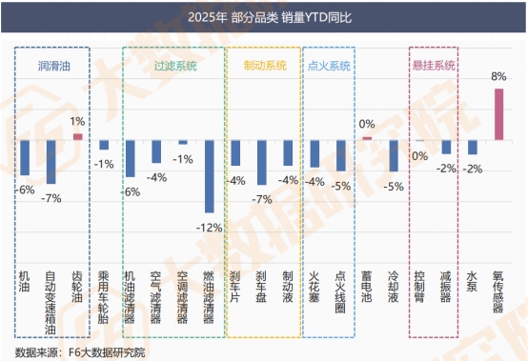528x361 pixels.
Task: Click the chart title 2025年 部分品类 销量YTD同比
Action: pos(264,17)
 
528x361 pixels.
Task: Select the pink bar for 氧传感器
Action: pos(498,114)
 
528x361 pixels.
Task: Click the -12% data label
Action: pos(209,228)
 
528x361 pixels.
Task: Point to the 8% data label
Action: pos(498,75)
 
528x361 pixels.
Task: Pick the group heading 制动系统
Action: pos(261,67)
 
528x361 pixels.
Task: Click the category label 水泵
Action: pos(472,283)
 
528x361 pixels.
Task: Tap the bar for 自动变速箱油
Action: pos(51,162)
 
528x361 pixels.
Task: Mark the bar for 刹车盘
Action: pos(261,162)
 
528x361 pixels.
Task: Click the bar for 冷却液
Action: pos(393,155)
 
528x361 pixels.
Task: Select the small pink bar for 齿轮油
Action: pos(77,137)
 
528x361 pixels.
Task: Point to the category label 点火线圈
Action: pos(340,296)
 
